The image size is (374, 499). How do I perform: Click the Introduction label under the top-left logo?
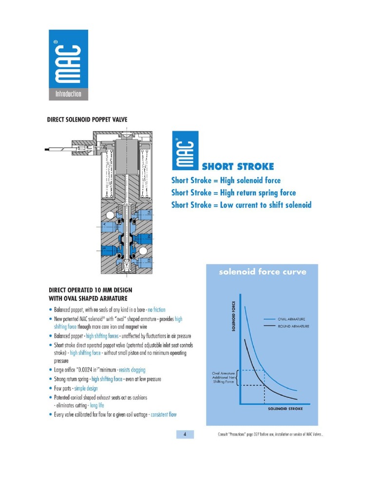point(68,94)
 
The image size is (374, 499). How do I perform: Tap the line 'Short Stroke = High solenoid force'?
point(226,180)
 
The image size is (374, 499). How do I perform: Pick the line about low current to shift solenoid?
point(241,205)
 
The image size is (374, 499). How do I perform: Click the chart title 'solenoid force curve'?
point(262,272)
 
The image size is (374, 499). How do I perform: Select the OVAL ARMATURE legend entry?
point(291,319)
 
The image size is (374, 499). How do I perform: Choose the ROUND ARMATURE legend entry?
point(293,326)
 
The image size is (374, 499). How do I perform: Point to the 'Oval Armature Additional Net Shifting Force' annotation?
point(224,378)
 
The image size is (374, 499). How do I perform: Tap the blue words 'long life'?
point(97,405)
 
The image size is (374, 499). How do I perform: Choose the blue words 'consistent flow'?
point(163,415)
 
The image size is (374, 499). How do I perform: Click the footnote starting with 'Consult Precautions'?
point(270,435)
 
